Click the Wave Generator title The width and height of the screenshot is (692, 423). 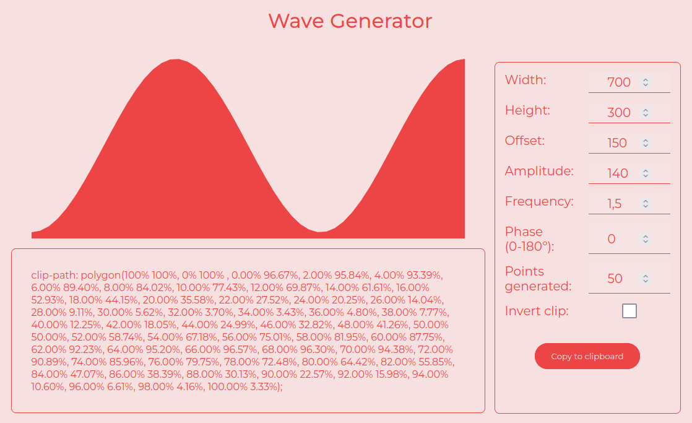350,21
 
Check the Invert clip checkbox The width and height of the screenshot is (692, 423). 629,311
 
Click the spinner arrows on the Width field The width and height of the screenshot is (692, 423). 646,82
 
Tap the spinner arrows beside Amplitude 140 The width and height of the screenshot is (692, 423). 646,173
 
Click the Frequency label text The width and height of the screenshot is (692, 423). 539,201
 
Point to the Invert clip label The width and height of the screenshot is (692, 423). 537,311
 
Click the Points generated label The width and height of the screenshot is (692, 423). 538,279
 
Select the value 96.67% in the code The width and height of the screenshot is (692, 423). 280,275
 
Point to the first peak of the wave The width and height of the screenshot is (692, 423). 176,60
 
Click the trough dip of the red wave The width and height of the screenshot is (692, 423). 319,232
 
